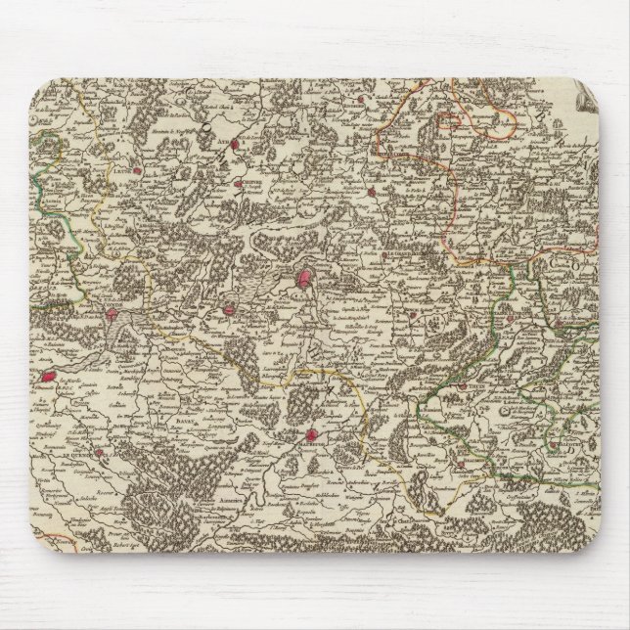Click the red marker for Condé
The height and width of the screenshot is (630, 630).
[x=113, y=315]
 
